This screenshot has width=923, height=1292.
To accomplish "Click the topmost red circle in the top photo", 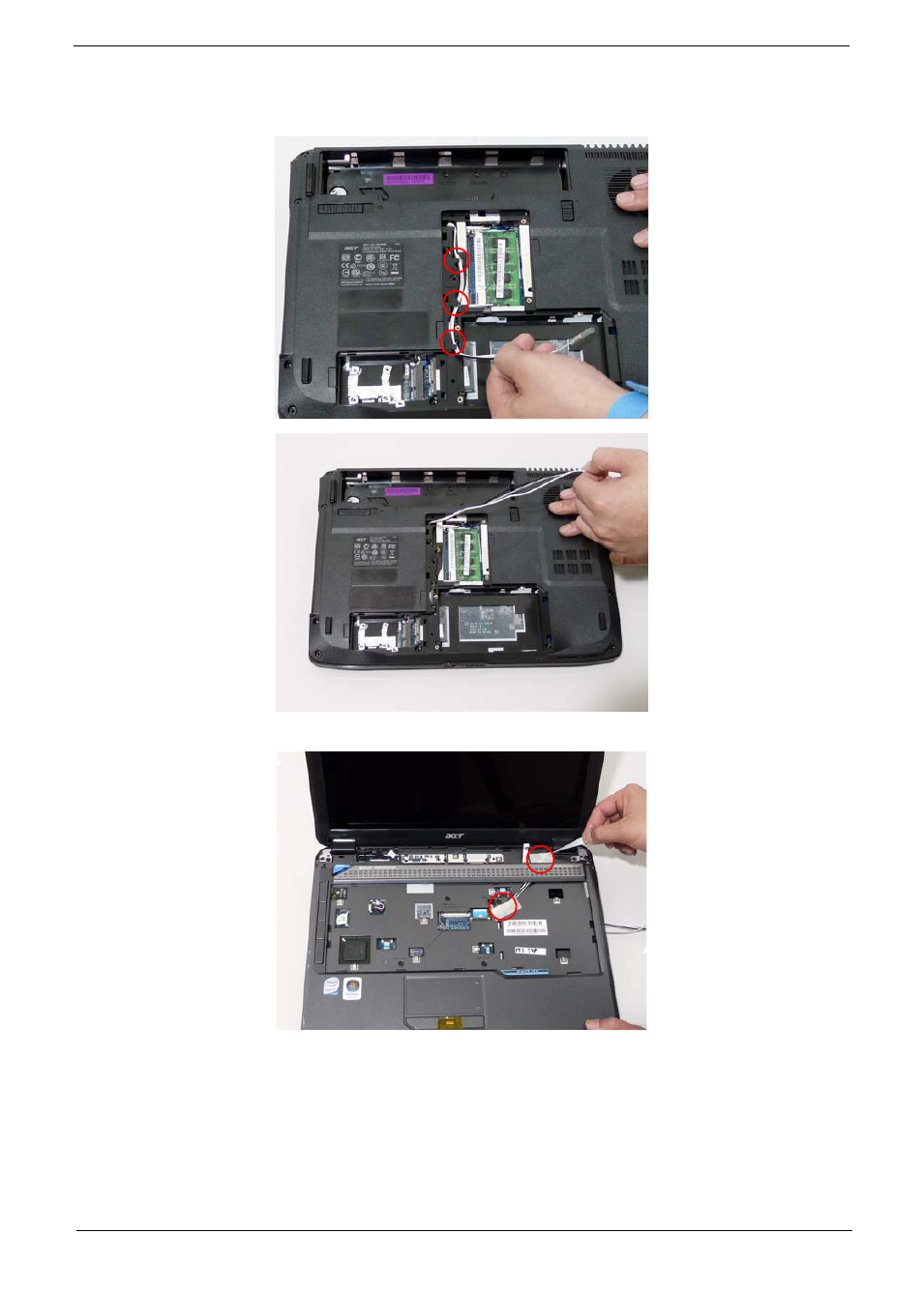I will (x=457, y=259).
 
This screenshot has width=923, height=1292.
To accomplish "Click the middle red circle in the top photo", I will (x=456, y=303).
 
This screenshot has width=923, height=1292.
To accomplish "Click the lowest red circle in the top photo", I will (x=453, y=341).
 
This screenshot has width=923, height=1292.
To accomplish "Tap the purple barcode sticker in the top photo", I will (x=408, y=179).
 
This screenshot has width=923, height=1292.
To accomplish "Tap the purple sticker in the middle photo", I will (x=402, y=491).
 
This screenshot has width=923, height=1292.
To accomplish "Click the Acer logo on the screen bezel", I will (x=454, y=837).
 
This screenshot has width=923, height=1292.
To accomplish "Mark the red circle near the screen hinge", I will (x=540, y=858).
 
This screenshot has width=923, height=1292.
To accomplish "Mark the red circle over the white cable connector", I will (x=503, y=906).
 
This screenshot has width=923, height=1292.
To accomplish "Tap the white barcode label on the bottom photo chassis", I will (x=525, y=927).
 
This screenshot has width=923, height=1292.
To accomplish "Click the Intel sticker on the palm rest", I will (x=332, y=986).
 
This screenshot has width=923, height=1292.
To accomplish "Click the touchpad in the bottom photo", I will (x=444, y=996).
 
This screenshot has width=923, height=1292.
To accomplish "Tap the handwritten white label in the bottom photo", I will (x=529, y=951).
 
